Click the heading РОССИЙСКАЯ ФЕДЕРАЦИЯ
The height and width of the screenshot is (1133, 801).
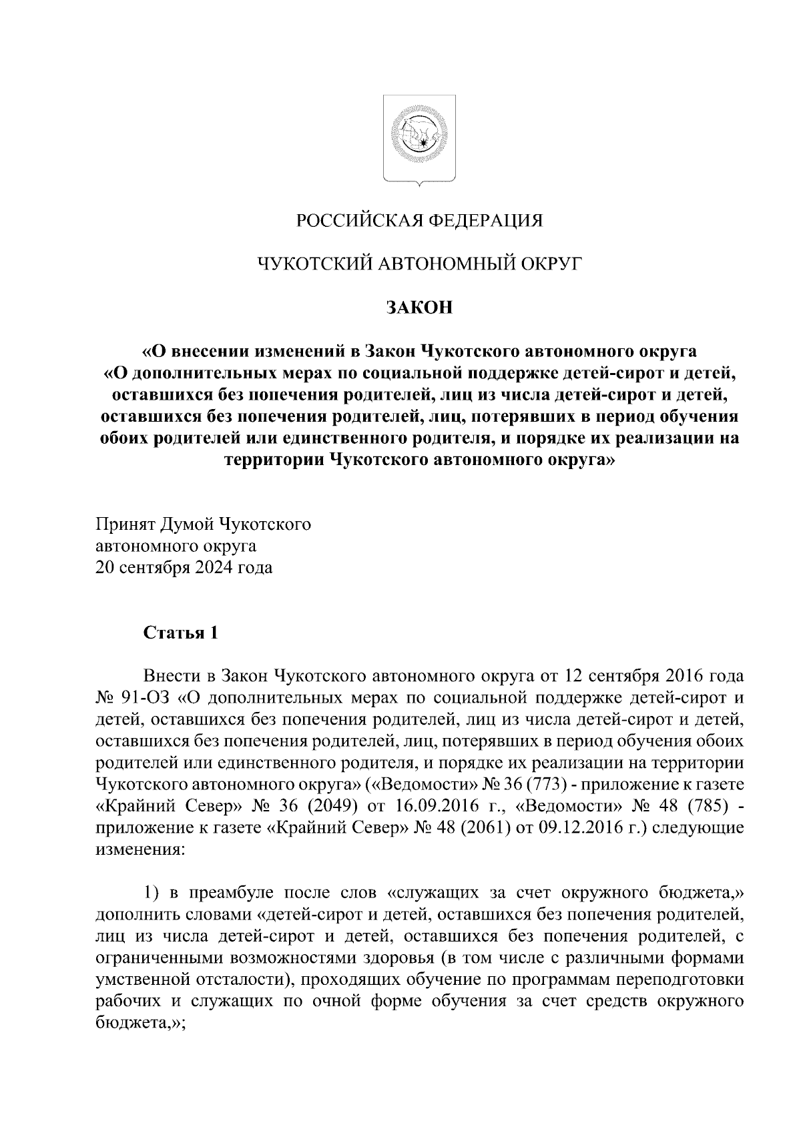pyautogui.click(x=419, y=220)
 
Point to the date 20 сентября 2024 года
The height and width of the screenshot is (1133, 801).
pyautogui.click(x=184, y=569)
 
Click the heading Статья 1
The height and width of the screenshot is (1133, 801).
pyautogui.click(x=181, y=633)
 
